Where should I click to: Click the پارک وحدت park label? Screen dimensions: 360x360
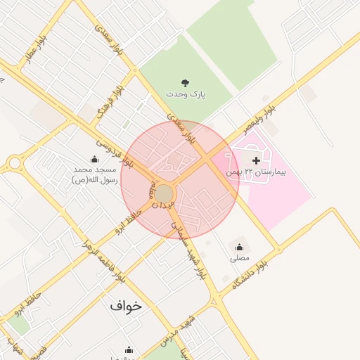(184, 94)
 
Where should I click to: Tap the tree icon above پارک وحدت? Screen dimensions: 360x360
(185, 83)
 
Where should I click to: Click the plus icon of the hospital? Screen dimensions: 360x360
(255, 161)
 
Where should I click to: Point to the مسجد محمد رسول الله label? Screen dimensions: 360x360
(94, 175)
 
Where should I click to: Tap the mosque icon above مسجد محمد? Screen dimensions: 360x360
(95, 160)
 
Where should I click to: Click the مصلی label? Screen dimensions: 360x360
(240, 258)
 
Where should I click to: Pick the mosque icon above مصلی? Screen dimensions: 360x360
(240, 247)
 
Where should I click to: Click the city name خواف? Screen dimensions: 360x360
(125, 306)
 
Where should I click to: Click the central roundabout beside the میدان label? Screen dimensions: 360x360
(165, 193)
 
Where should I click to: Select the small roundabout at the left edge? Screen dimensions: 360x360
(14, 164)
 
